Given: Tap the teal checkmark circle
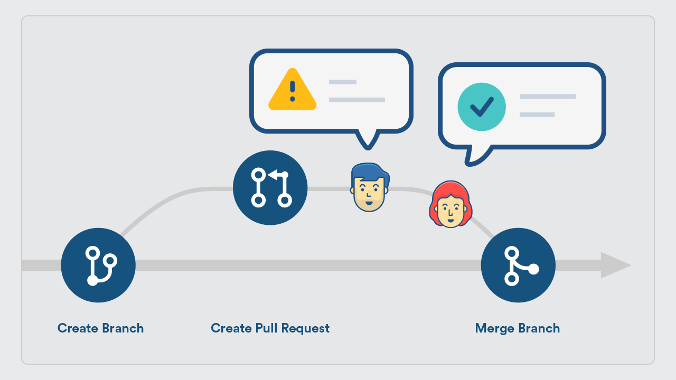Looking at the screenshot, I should (x=481, y=107).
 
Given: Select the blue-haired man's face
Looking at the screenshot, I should (x=369, y=193).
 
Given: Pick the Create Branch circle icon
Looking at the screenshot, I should (x=98, y=265).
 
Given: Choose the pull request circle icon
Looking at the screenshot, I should (x=270, y=188).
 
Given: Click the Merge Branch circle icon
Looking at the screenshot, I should (x=518, y=265).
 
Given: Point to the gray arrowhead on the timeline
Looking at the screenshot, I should (x=615, y=265).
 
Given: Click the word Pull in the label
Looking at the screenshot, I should (x=267, y=328).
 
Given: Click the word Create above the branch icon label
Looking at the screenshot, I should (x=78, y=328).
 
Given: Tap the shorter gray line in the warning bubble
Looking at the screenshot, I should (x=342, y=82).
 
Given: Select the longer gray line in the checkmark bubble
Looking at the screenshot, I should (x=547, y=97).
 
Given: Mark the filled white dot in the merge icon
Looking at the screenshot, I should (x=533, y=269).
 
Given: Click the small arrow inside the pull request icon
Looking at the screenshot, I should (x=273, y=174).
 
